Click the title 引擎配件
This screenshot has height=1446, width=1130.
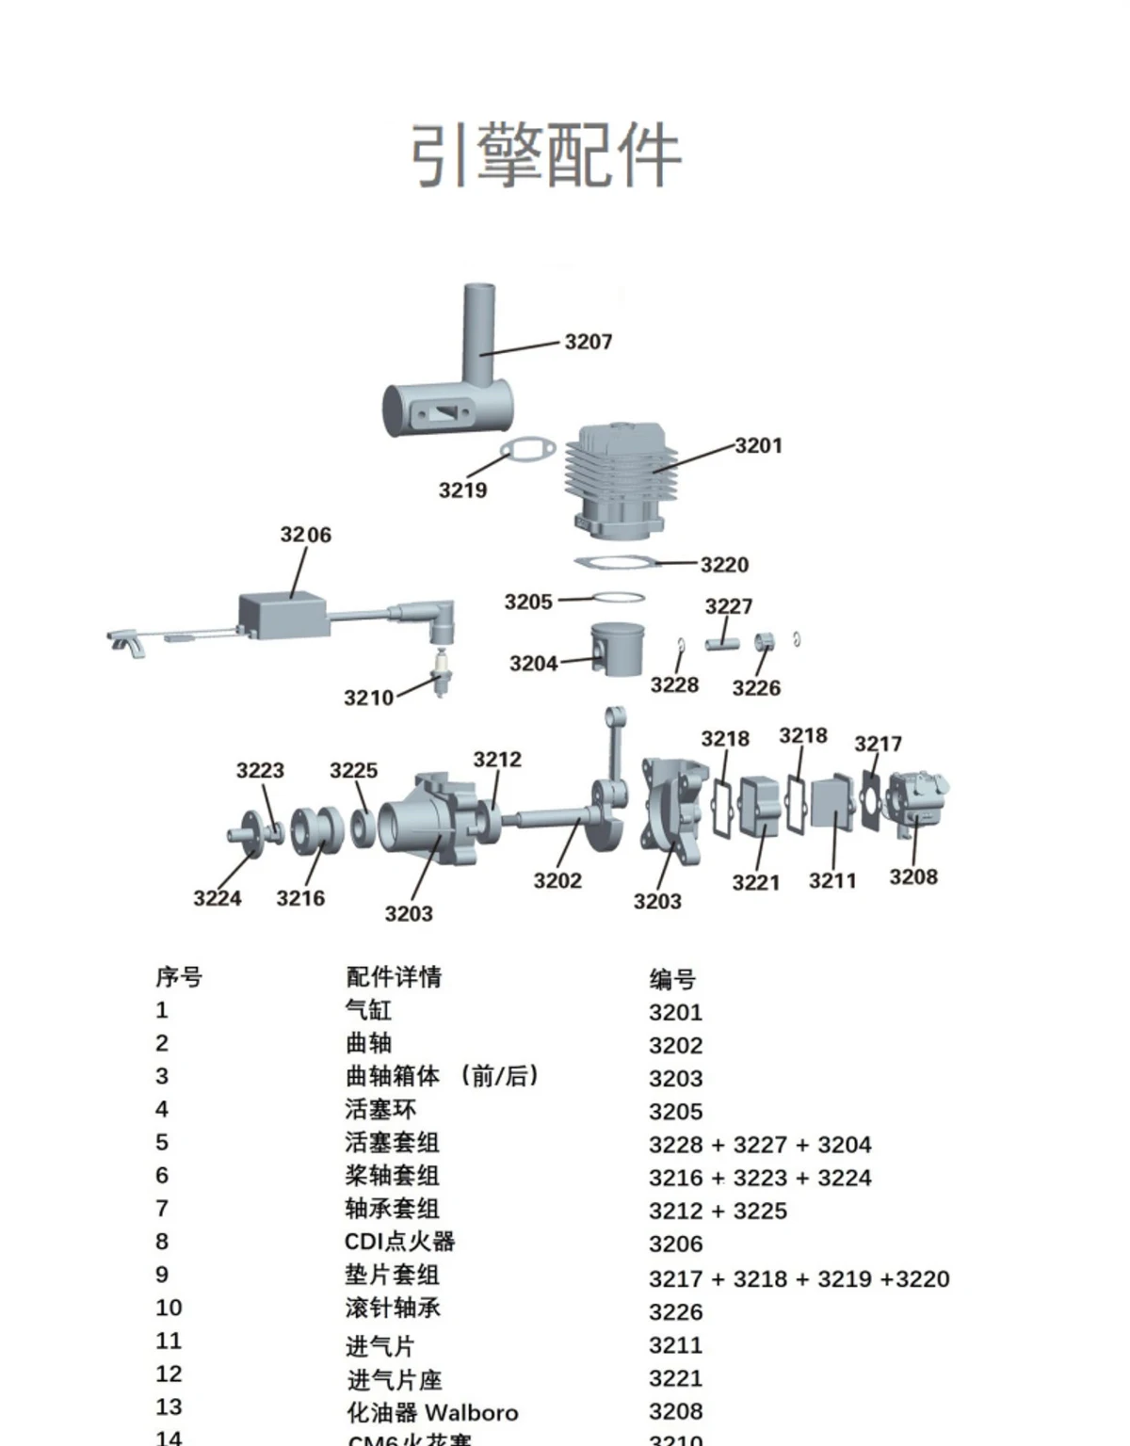coord(545,155)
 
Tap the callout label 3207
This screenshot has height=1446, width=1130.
coord(589,342)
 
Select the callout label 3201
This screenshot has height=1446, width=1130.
coord(758,445)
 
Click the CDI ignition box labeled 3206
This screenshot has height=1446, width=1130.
coord(282,613)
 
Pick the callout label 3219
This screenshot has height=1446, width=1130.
coord(462,490)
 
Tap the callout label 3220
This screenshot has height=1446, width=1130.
coord(724,565)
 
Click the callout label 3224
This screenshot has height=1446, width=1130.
coord(217,898)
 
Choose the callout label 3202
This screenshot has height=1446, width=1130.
coord(557,880)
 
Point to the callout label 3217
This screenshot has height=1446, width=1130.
coord(878,744)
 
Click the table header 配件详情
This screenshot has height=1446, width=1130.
coord(394,977)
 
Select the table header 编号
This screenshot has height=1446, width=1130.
coord(672,980)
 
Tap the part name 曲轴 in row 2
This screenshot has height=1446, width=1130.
coord(368,1043)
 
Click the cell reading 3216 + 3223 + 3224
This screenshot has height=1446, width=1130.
coord(760,1178)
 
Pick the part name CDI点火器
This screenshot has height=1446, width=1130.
coord(399,1242)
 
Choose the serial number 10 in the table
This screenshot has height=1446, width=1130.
coord(169,1308)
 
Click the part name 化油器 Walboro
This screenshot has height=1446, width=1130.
coord(432,1412)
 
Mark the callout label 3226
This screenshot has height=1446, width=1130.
coord(756,688)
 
